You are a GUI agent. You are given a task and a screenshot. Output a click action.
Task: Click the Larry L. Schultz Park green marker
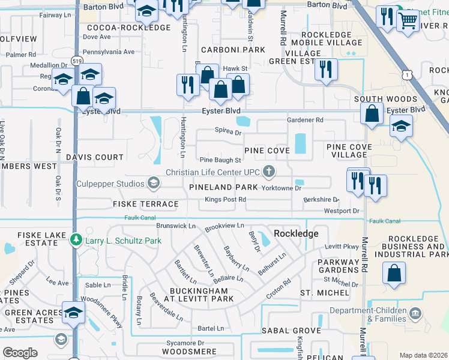[76, 240]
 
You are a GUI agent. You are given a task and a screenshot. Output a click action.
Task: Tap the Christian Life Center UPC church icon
[269, 172]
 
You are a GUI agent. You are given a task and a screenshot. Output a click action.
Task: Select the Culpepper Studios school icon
[154, 183]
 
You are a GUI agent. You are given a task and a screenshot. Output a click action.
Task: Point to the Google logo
[20, 352]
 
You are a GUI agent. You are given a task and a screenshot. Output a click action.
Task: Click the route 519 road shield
[76, 61]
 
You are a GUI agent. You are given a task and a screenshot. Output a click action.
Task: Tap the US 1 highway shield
[408, 74]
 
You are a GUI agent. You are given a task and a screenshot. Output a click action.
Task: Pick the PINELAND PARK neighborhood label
[223, 188]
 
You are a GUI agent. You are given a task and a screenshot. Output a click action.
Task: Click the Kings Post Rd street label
[225, 199]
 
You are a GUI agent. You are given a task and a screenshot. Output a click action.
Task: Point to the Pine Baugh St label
[220, 160]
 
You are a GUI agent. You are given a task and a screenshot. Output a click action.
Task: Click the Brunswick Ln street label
[176, 226]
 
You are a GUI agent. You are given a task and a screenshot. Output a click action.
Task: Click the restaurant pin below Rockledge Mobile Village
[326, 68]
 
